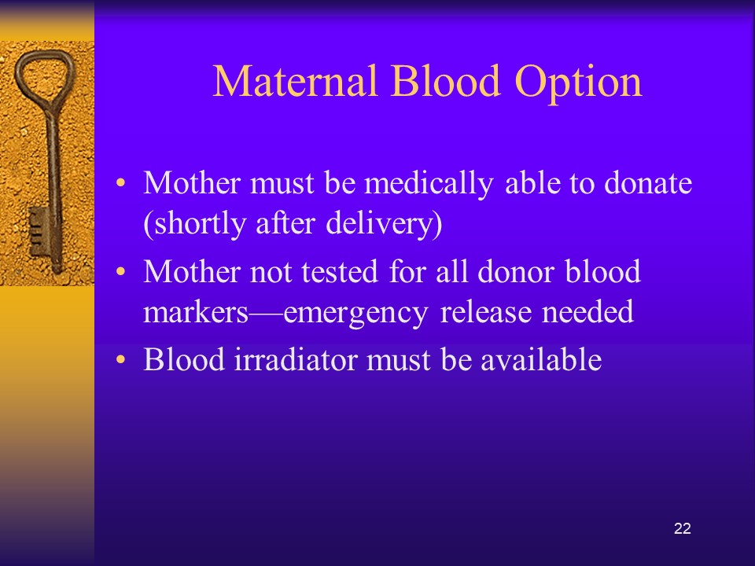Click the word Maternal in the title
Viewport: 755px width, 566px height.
(295, 81)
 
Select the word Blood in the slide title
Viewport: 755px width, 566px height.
(446, 81)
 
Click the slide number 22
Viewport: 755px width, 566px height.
(683, 528)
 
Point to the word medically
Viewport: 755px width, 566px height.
(429, 184)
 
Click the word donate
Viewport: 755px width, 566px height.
(647, 183)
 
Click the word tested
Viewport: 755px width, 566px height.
(340, 272)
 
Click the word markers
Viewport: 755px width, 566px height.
(196, 312)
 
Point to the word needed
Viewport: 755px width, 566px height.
(587, 312)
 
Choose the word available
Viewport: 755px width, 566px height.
(541, 359)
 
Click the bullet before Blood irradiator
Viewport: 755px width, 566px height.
(121, 359)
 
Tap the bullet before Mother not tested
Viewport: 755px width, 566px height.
(121, 271)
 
